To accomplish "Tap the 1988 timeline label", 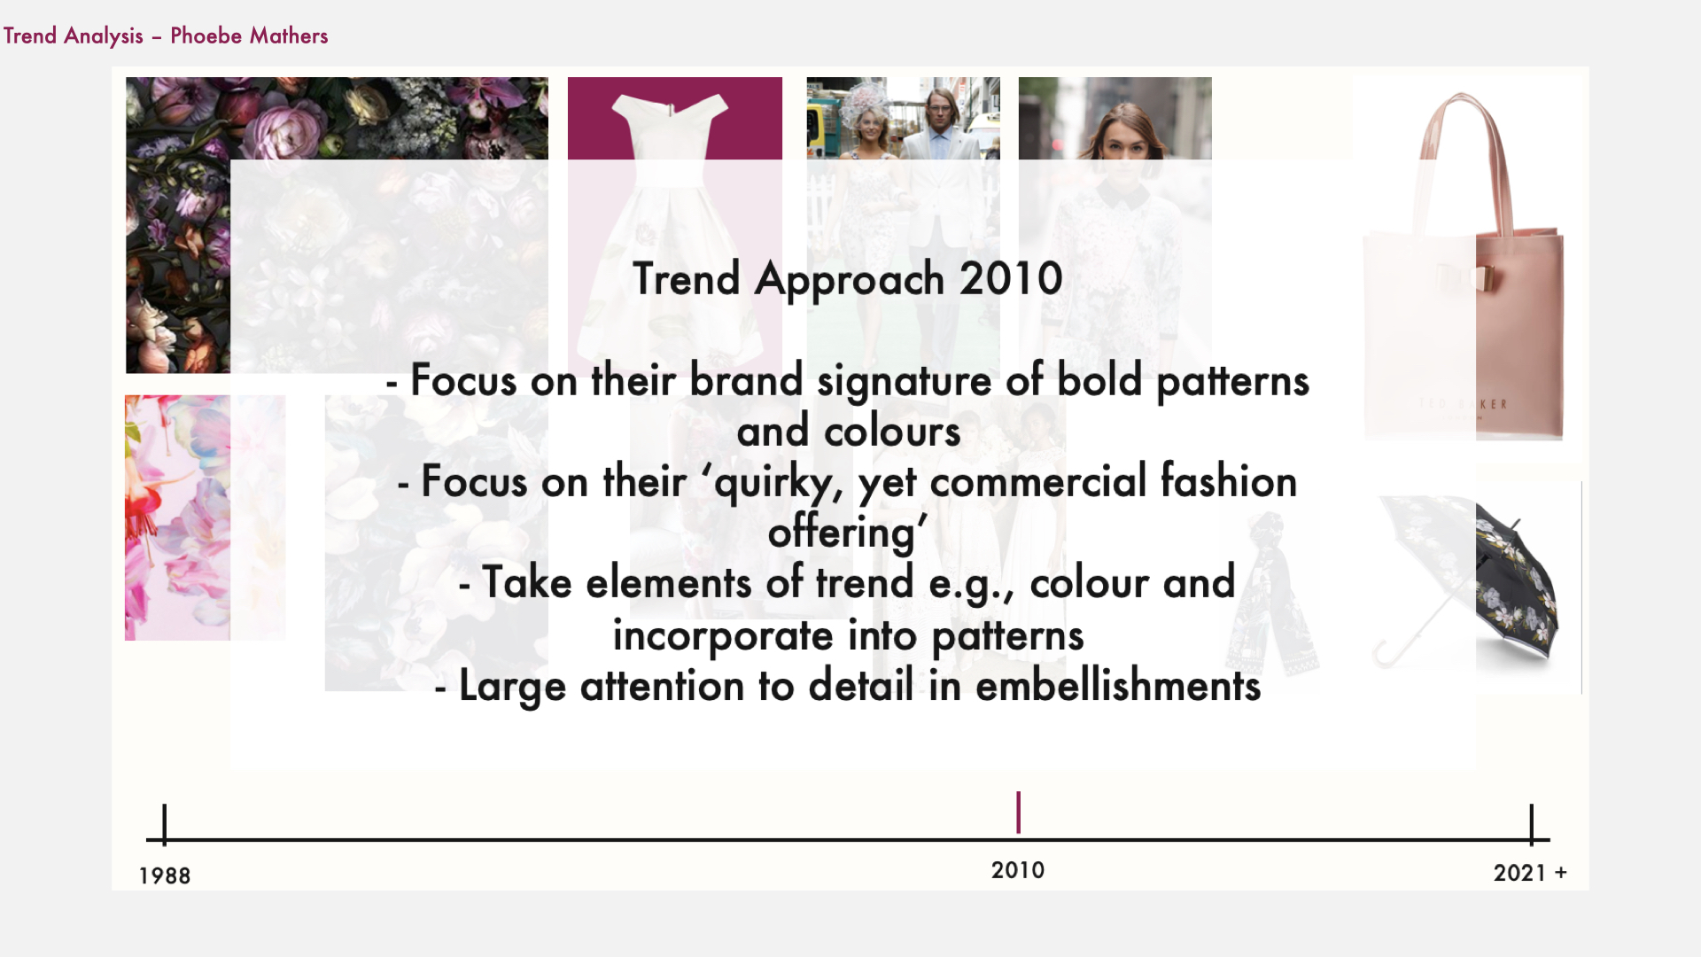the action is pyautogui.click(x=165, y=875).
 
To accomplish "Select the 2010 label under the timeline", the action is pyautogui.click(x=1018, y=870).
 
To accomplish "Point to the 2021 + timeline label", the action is pyautogui.click(x=1530, y=873).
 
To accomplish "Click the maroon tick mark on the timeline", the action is pyautogui.click(x=1019, y=812).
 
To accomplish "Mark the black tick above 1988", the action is pyautogui.click(x=165, y=823).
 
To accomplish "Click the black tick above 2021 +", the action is pyautogui.click(x=1532, y=823).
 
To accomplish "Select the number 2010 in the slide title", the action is pyautogui.click(x=1011, y=278).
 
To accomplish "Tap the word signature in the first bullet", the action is pyautogui.click(x=904, y=382).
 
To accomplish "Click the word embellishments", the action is pyautogui.click(x=1118, y=686).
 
